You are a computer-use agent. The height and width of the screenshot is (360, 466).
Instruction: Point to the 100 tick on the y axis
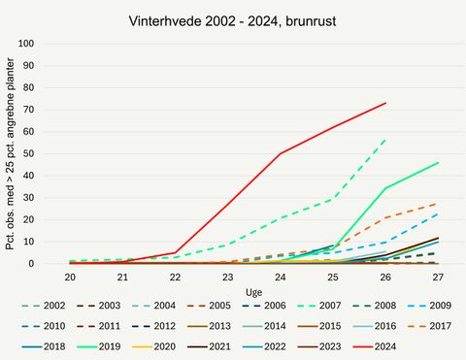[x=53, y=44]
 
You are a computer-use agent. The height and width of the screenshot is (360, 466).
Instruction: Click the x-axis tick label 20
[x=70, y=277]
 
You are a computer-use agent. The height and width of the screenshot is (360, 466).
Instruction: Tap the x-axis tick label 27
[x=439, y=277]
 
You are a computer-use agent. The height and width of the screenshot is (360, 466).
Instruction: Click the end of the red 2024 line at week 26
[x=385, y=103]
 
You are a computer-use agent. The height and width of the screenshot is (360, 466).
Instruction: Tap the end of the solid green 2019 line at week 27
[x=439, y=163]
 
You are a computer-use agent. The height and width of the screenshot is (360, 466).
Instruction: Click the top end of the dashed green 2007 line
[x=385, y=139]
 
